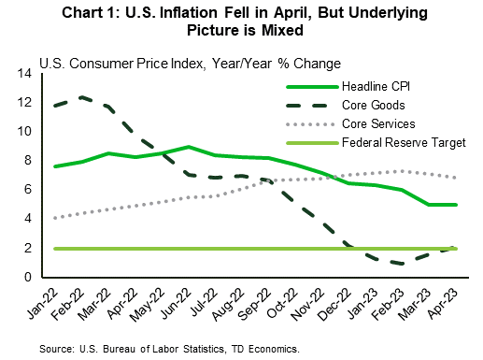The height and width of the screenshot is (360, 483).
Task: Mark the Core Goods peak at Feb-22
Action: [x=83, y=96]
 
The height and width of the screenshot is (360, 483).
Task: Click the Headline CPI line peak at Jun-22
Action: [x=189, y=147]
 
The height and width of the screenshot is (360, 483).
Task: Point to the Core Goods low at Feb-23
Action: [x=402, y=264]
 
